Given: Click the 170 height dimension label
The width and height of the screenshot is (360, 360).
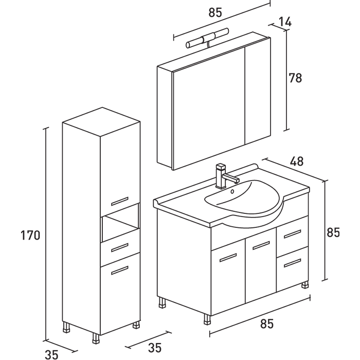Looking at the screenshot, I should tap(30, 236).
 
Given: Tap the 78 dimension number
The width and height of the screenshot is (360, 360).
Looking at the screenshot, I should tap(295, 79).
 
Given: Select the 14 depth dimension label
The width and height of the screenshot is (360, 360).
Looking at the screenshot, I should tap(284, 22).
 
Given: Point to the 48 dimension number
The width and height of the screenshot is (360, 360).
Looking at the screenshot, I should tap(296, 161).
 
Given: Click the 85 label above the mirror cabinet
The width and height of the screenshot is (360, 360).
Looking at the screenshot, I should tap(216, 13).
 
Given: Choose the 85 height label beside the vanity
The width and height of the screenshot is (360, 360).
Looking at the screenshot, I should tap(333, 232).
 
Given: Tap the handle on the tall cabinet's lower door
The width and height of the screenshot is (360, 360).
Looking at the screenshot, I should tap(120, 269).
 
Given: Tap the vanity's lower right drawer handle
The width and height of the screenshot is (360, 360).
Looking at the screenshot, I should tap(292, 263).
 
